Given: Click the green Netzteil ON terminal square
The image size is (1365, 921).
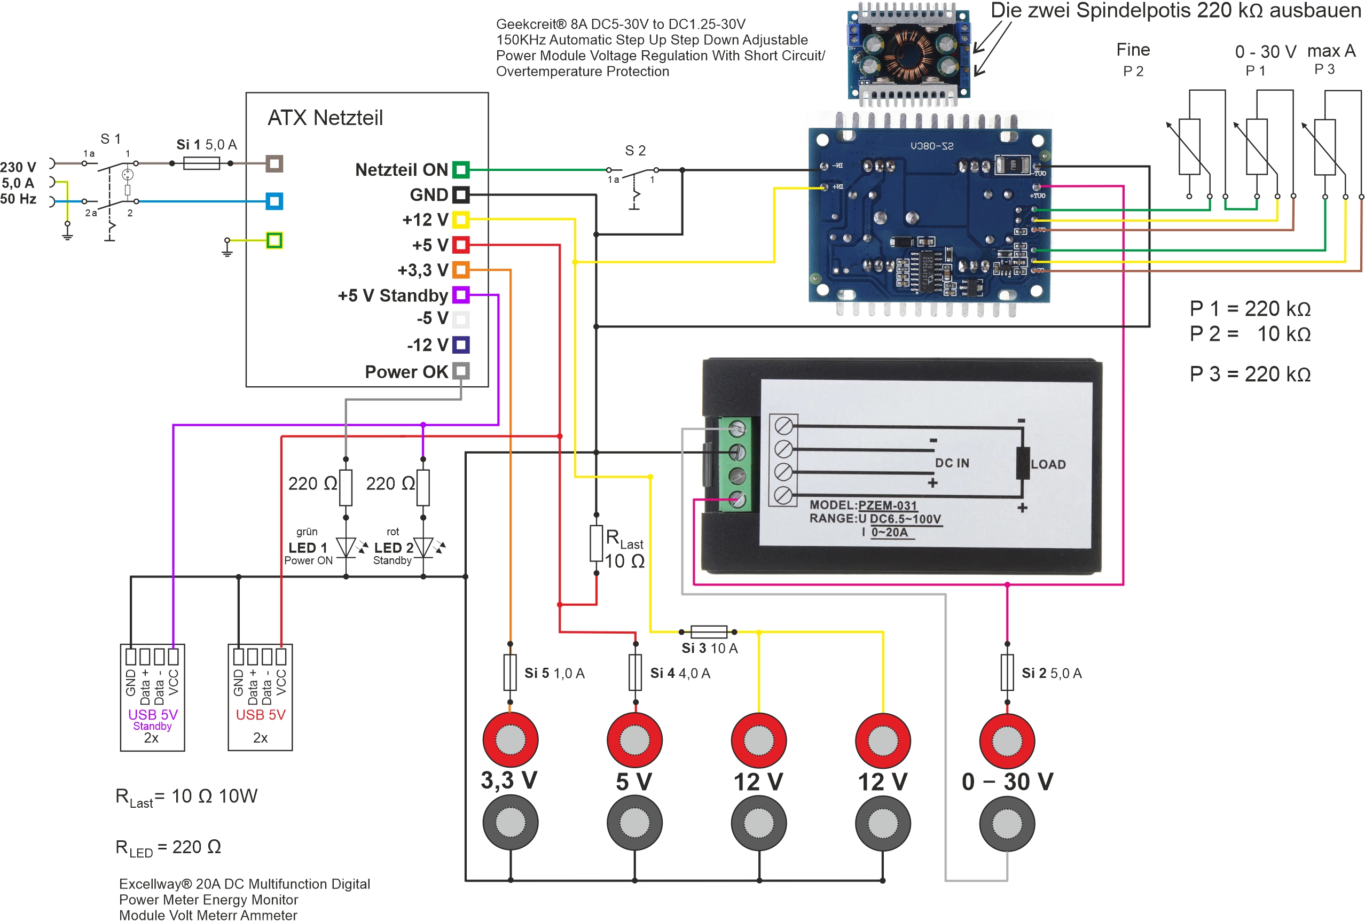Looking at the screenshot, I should pyautogui.click(x=461, y=170).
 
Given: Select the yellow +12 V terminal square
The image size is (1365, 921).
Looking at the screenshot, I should pyautogui.click(x=461, y=220).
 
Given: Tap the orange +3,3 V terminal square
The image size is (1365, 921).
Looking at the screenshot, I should pyautogui.click(x=461, y=270).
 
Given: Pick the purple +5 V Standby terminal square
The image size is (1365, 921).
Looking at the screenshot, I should pyautogui.click(x=461, y=295).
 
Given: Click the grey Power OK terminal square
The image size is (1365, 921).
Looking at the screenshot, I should pyautogui.click(x=461, y=371).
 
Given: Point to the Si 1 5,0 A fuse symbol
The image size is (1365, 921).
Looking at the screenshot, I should pyautogui.click(x=201, y=163).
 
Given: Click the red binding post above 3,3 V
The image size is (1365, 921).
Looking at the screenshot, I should pyautogui.click(x=510, y=739).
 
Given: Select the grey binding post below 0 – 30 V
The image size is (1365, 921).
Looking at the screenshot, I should pyautogui.click(x=1007, y=823).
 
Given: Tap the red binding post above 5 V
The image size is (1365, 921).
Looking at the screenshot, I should pyautogui.click(x=634, y=739).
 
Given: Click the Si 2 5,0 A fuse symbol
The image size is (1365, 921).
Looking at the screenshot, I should pyautogui.click(x=1007, y=673).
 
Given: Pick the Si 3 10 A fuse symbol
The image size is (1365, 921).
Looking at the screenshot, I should pyautogui.click(x=709, y=632).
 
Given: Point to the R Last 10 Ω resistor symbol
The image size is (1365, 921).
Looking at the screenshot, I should pyautogui.click(x=597, y=543).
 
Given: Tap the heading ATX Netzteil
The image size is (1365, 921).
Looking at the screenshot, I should pyautogui.click(x=325, y=118).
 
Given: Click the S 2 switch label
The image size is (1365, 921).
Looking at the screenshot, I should pyautogui.click(x=636, y=151).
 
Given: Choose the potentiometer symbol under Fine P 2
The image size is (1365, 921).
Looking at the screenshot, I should pyautogui.click(x=1189, y=146).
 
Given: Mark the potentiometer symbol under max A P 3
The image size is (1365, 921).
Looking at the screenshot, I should pyautogui.click(x=1325, y=147).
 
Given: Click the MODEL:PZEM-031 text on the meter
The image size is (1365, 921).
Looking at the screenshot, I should pyautogui.click(x=863, y=505).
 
